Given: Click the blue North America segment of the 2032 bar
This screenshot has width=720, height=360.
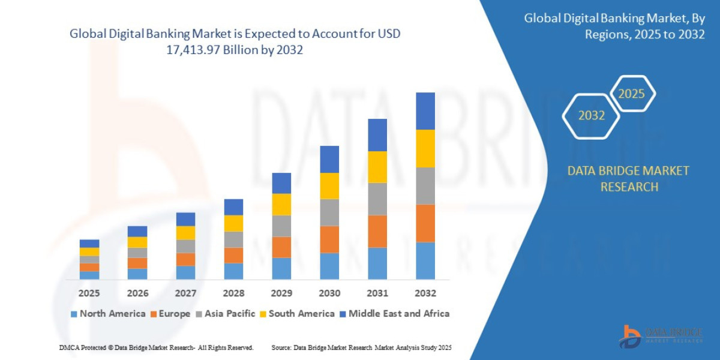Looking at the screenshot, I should click(x=425, y=260).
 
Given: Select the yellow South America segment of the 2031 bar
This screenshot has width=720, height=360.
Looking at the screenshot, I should click(x=377, y=167).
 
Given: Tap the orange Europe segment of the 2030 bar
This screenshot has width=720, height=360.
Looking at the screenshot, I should click(x=329, y=239).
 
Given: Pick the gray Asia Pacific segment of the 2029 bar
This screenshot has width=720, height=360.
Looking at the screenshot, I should click(x=281, y=226).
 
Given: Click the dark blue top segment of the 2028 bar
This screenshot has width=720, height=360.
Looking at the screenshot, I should click(x=233, y=207).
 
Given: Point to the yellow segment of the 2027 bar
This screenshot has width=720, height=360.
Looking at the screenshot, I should click(x=185, y=233).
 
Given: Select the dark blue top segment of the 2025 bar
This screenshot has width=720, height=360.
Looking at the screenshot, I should click(x=89, y=244).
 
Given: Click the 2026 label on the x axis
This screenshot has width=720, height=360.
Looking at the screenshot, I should click(x=137, y=293).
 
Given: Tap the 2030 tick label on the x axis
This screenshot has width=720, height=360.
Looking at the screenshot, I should click(x=329, y=293).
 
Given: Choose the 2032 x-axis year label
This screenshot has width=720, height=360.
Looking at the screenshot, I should click(x=425, y=293).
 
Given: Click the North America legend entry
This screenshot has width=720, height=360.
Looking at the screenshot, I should click(x=108, y=313).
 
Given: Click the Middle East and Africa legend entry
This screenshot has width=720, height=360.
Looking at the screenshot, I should click(x=394, y=313).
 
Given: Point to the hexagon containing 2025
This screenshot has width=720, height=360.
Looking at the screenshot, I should click(x=631, y=94).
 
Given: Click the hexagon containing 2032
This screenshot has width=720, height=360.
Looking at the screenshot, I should click(x=591, y=116).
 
